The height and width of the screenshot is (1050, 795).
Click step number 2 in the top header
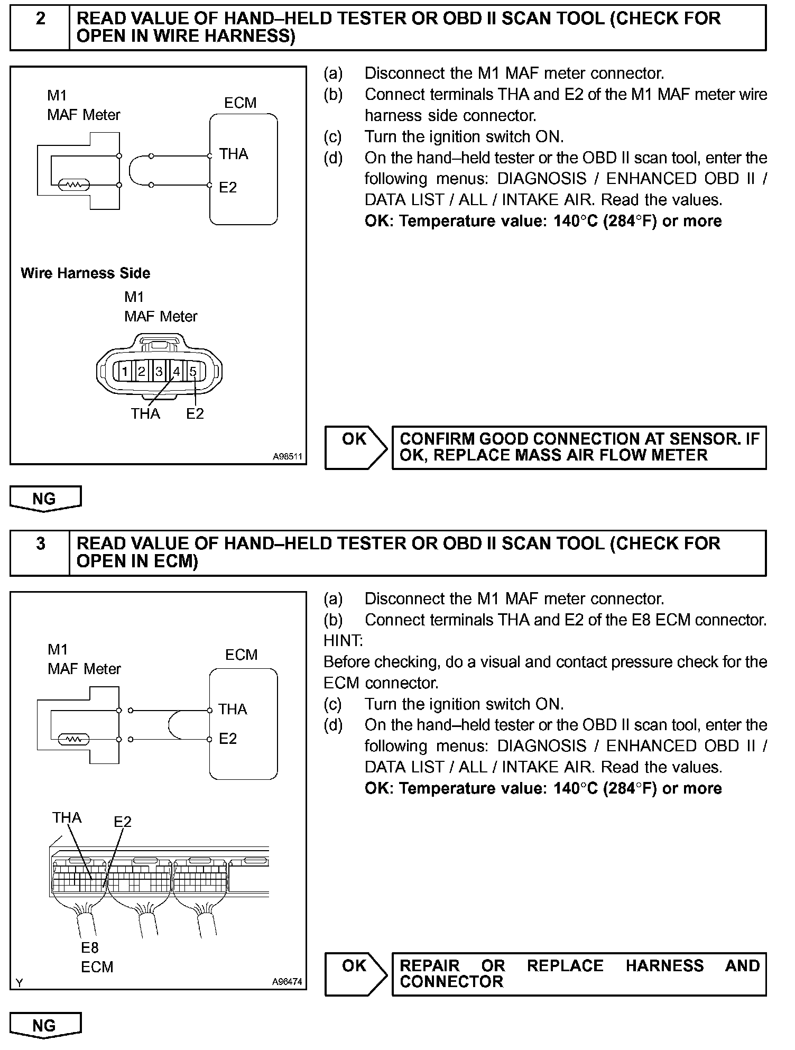(x=40, y=19)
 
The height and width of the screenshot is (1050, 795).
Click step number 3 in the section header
(x=40, y=544)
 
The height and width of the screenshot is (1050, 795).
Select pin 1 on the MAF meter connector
(x=125, y=371)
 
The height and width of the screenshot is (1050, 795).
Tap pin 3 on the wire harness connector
(x=159, y=371)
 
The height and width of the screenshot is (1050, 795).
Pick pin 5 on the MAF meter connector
(x=193, y=371)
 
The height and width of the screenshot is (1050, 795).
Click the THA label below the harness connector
(x=145, y=413)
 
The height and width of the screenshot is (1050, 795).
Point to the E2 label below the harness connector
(x=195, y=413)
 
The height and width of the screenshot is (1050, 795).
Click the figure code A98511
(x=288, y=456)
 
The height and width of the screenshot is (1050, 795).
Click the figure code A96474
(x=287, y=981)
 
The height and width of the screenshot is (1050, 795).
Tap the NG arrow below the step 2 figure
(x=45, y=499)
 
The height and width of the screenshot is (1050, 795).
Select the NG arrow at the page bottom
(x=45, y=1026)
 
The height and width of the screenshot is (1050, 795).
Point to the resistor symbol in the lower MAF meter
(x=75, y=739)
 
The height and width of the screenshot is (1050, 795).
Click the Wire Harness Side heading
(x=85, y=273)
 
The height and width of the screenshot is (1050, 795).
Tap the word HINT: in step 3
(x=343, y=641)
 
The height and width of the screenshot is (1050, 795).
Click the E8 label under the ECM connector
(x=90, y=947)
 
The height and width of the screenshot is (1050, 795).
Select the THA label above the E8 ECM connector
(x=67, y=818)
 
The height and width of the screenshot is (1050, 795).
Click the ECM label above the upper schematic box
(x=240, y=103)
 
